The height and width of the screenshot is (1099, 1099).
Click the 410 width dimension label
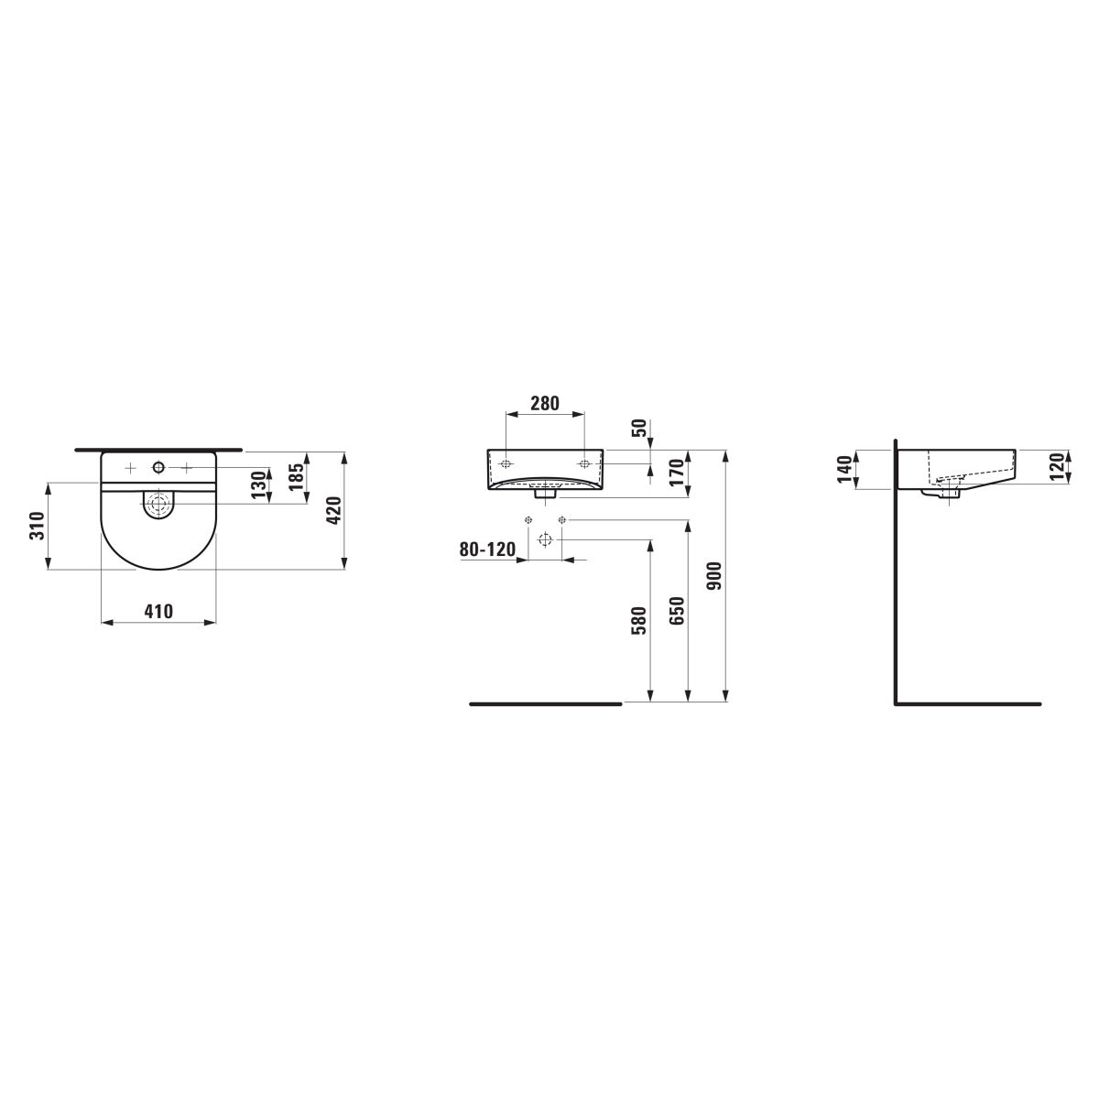pyautogui.click(x=158, y=612)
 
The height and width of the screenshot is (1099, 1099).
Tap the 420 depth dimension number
pyautogui.click(x=333, y=511)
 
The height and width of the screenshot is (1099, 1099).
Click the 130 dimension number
pyautogui.click(x=259, y=484)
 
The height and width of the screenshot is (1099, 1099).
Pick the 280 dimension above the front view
pyautogui.click(x=545, y=403)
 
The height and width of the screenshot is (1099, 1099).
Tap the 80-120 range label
pyautogui.click(x=487, y=549)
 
